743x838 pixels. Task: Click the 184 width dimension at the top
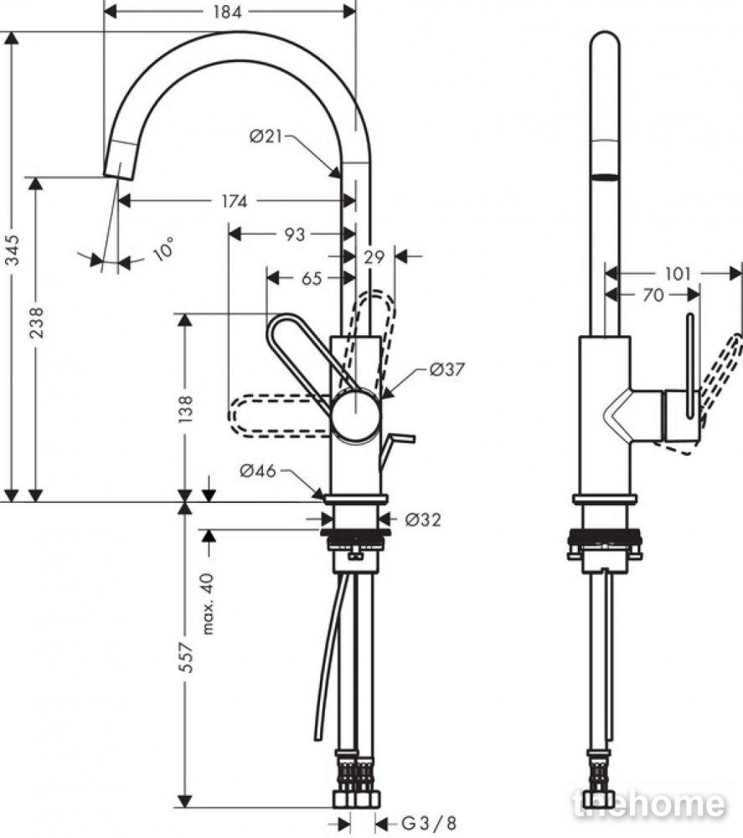click(228, 12)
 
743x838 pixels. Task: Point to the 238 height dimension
click(36, 323)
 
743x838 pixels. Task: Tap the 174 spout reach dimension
click(235, 201)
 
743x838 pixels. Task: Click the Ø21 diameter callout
click(266, 137)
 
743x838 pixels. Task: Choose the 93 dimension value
click(294, 234)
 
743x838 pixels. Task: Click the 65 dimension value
click(312, 278)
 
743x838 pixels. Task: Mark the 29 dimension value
click(374, 257)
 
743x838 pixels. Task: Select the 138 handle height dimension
click(185, 410)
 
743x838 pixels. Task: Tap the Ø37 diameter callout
click(447, 369)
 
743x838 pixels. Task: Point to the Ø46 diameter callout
click(258, 470)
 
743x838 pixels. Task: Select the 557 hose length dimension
click(185, 657)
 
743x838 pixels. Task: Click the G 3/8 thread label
click(429, 823)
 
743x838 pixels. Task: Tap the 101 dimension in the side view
click(678, 274)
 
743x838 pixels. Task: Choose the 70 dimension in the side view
click(653, 295)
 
